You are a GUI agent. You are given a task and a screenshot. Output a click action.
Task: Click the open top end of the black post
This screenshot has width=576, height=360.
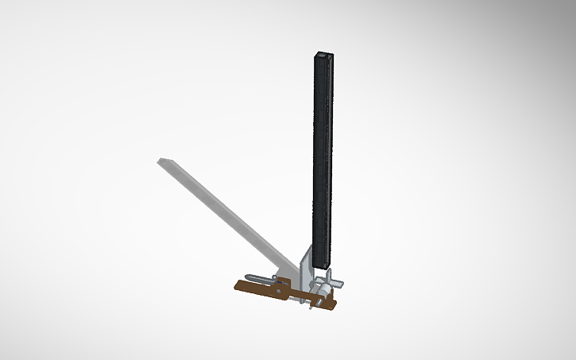tap(323, 56)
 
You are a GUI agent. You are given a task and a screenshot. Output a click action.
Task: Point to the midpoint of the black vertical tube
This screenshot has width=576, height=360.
tap(323, 159)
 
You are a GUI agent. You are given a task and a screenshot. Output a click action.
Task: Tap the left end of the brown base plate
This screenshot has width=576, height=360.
tap(236, 286)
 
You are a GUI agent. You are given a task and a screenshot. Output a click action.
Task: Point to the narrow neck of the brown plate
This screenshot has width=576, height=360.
tap(300, 296)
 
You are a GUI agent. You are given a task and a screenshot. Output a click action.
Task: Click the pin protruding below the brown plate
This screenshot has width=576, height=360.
tap(310, 308)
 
